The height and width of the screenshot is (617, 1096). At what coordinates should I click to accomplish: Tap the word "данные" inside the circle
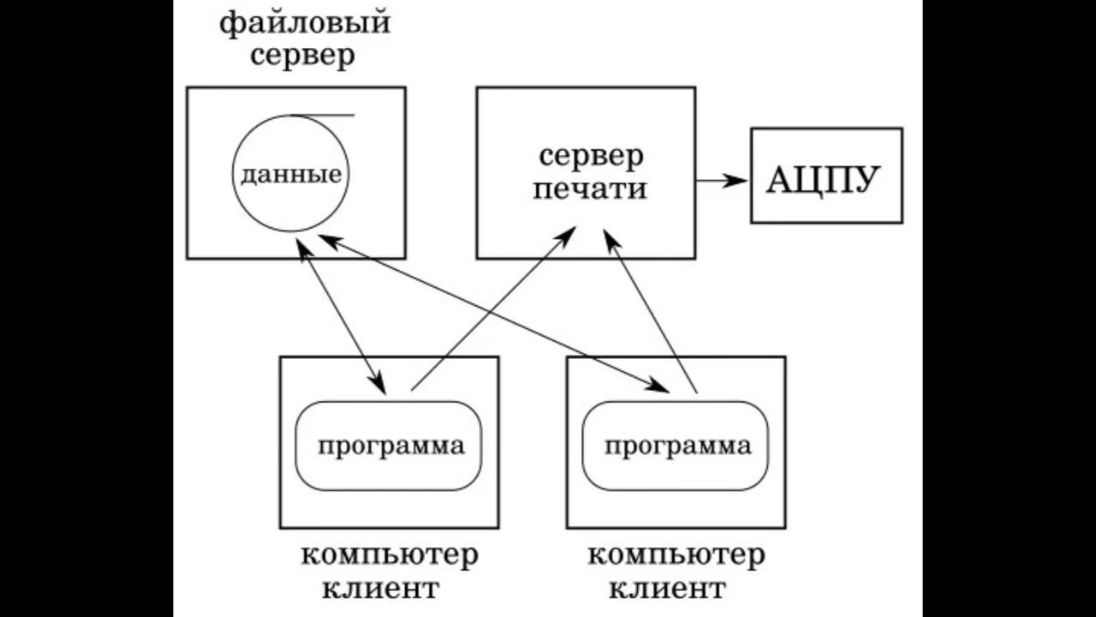click(290, 175)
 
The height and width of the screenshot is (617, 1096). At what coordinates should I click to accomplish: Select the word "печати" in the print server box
click(589, 189)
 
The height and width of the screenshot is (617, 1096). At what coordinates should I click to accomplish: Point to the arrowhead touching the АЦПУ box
click(737, 180)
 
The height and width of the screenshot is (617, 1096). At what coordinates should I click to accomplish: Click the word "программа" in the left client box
click(391, 446)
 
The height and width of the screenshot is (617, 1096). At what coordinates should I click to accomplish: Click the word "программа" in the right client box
click(678, 446)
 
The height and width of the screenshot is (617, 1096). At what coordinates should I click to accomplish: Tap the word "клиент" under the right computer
click(668, 590)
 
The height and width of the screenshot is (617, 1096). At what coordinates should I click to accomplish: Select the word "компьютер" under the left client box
click(390, 555)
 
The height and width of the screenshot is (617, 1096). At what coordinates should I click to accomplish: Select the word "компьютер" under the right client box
click(676, 555)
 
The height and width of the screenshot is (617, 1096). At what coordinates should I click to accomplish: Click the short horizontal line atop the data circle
click(323, 114)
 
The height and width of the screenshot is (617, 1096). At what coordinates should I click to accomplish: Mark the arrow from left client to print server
click(488, 313)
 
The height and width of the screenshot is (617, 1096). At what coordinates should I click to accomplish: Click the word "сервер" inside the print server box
click(591, 157)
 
